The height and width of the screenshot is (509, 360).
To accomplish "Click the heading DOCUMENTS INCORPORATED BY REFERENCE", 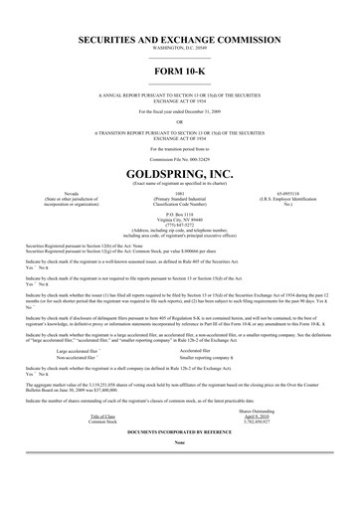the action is [180, 463].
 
